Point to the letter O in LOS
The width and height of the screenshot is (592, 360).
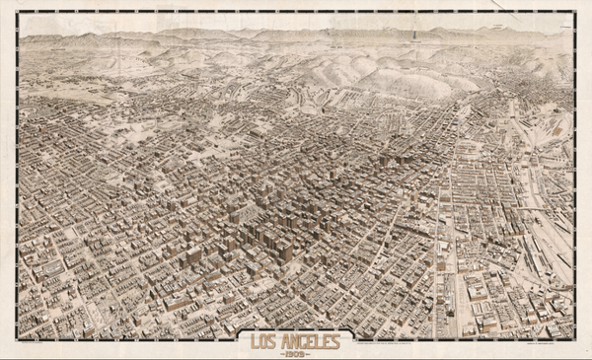tap(258, 340)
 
